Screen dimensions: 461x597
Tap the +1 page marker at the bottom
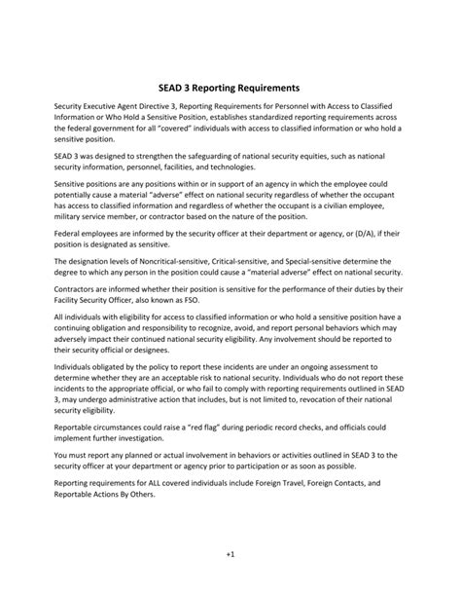point(230,581)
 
